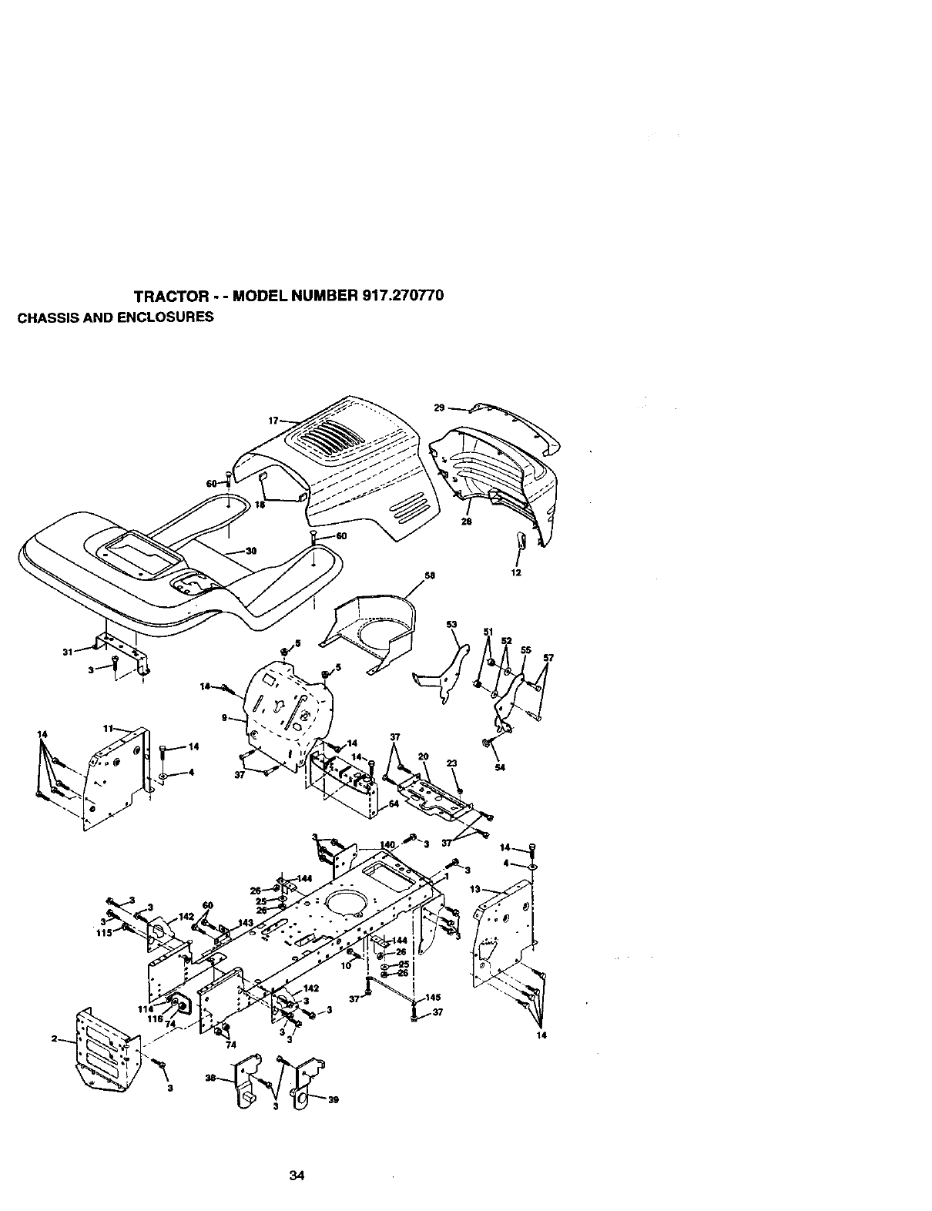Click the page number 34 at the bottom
coord(297,1176)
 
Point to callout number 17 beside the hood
coord(273,421)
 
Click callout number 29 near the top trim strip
coord(440,407)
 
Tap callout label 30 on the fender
coord(250,551)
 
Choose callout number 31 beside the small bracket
coord(67,652)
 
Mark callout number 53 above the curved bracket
coord(451,624)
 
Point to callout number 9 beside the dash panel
coord(223,718)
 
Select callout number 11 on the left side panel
coord(108,727)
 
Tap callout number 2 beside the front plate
coord(55,1038)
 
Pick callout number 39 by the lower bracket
coord(334,1100)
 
